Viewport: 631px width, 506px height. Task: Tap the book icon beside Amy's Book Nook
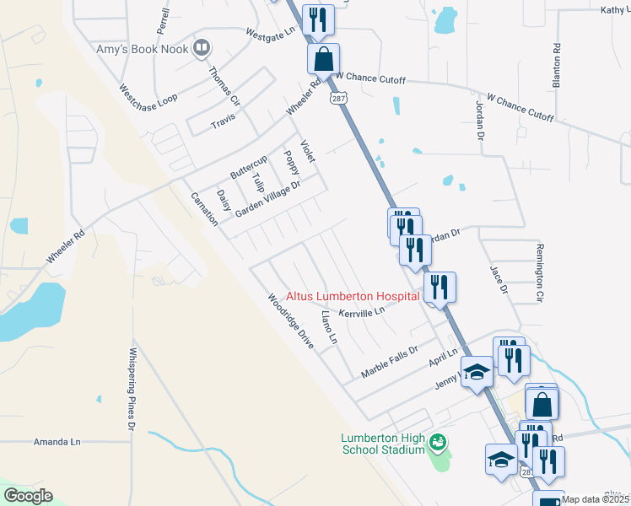click(201, 47)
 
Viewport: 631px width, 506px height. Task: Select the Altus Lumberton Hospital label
click(353, 296)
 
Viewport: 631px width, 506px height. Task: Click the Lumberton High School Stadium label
click(382, 444)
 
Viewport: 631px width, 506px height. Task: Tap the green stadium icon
click(437, 441)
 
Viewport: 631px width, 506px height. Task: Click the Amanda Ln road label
click(57, 441)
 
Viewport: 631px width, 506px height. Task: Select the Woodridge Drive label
click(290, 321)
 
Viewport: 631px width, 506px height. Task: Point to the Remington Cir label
click(539, 273)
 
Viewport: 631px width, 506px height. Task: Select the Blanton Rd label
click(556, 66)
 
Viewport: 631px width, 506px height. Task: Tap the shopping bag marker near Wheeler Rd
click(323, 60)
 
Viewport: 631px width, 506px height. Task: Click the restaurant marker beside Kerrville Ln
click(440, 288)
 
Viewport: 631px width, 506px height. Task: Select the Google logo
click(28, 496)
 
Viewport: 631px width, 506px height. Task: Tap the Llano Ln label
click(329, 327)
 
